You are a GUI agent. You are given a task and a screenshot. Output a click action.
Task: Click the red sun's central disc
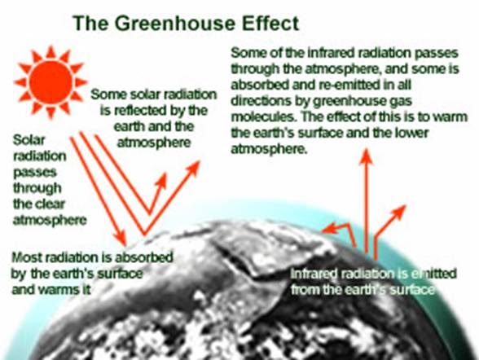coord(51,82)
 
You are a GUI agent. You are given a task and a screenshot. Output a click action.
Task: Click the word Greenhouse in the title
coord(174,24)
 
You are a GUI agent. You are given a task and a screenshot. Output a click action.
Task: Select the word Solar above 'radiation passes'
coord(29,140)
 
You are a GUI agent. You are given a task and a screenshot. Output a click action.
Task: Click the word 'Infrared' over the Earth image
coord(314,274)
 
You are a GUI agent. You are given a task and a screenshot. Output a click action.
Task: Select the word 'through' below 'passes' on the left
coord(37,188)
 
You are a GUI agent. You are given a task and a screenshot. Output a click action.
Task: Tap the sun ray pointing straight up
coord(51,51)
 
